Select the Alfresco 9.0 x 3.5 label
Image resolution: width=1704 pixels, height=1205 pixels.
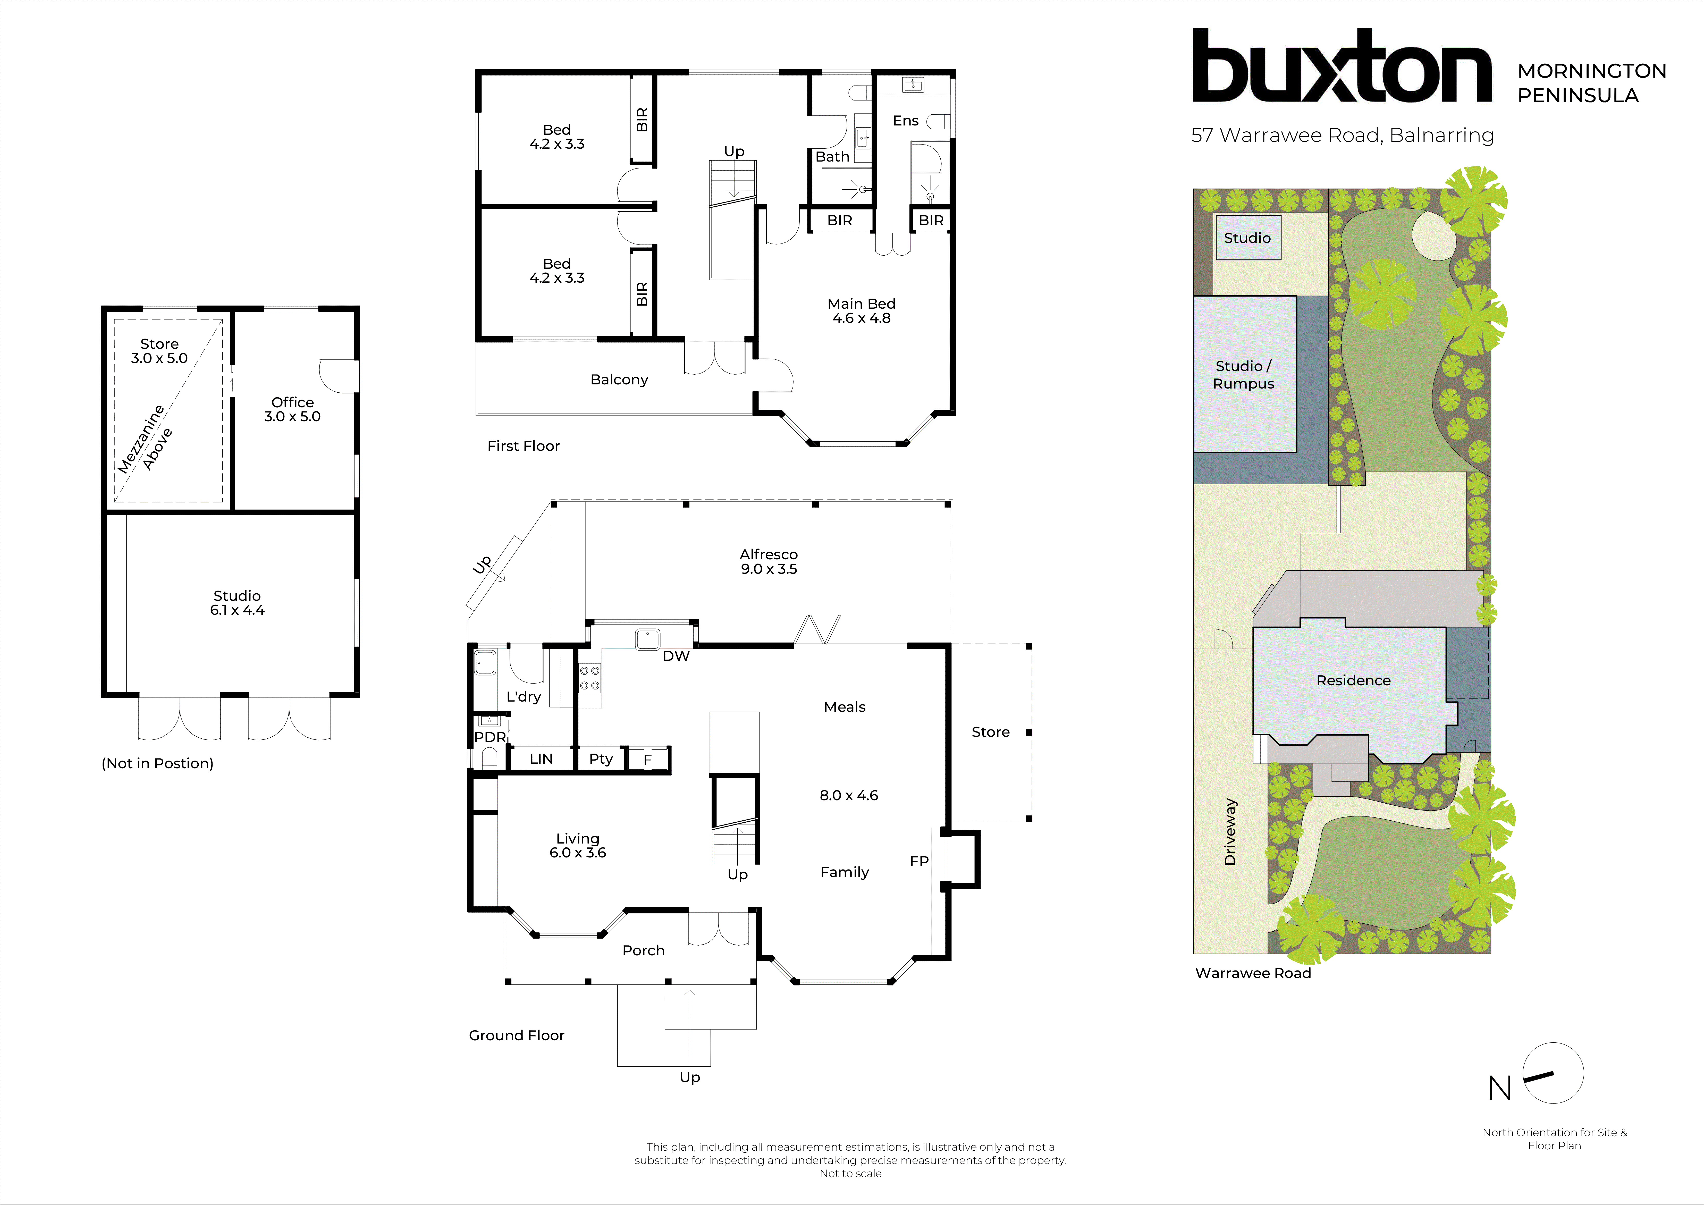pos(768,562)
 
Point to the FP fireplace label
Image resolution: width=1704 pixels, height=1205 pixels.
pos(919,861)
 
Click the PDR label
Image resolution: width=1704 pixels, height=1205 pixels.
pos(490,737)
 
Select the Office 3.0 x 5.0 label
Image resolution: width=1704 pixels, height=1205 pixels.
pos(292,409)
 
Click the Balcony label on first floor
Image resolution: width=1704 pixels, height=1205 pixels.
pos(619,379)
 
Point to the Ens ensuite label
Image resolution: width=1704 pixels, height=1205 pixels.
pos(905,120)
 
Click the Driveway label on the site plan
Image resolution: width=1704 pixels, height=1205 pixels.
pos(1230,831)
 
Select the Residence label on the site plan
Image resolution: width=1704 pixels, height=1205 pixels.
pos(1353,680)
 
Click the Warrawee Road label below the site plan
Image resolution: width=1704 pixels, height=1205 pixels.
pos(1253,973)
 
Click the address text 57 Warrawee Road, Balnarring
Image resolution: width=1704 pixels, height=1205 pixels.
pos(1342,135)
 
